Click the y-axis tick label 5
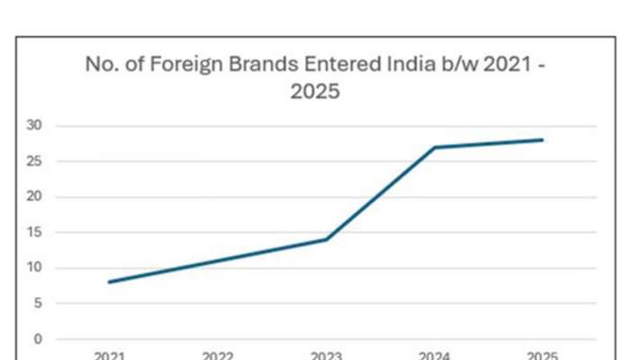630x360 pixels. click(x=38, y=304)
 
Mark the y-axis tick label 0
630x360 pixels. click(x=38, y=339)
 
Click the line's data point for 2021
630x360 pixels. click(x=109, y=283)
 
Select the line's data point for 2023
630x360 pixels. click(x=326, y=239)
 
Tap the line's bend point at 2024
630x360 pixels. click(x=435, y=147)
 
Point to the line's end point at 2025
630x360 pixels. click(x=543, y=139)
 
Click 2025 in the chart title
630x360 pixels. click(x=314, y=92)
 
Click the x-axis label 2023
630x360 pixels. click(x=326, y=355)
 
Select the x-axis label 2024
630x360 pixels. click(x=435, y=355)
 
